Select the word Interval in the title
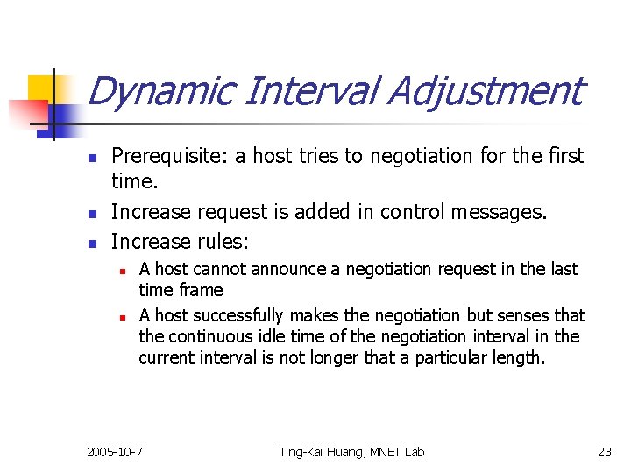coord(297,91)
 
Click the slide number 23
coord(604,452)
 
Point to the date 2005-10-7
coord(115,452)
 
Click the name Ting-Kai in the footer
coord(302,452)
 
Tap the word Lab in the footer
coord(413,452)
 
